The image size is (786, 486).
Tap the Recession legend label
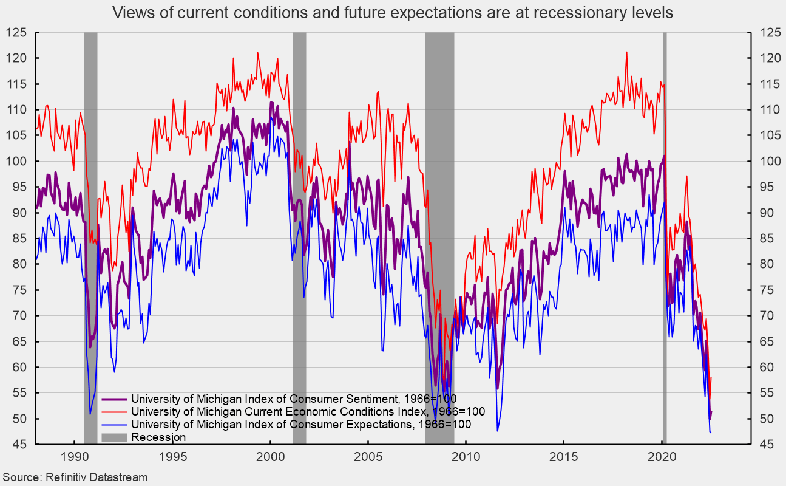coord(158,437)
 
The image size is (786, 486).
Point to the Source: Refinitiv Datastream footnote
coord(75,477)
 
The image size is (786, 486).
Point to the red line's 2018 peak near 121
coord(626,52)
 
